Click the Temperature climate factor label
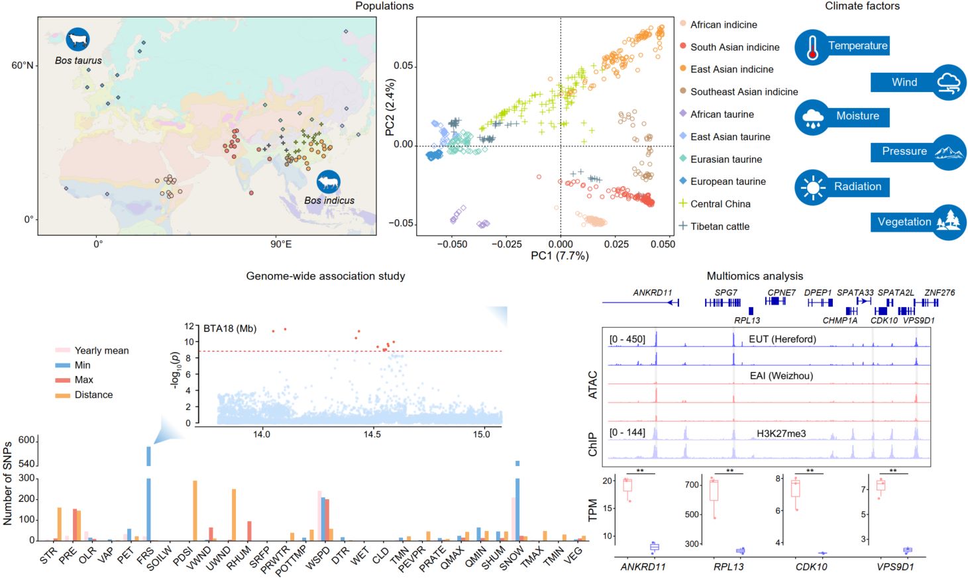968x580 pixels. [x=857, y=46]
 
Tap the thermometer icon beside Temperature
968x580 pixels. [x=812, y=47]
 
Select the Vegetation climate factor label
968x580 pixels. [x=904, y=222]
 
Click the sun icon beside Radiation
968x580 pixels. [x=812, y=187]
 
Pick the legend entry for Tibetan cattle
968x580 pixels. [x=720, y=226]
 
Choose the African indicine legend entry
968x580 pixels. [x=724, y=24]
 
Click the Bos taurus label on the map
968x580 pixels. [x=78, y=60]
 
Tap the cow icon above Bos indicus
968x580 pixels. [x=328, y=181]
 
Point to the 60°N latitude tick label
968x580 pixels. [x=22, y=66]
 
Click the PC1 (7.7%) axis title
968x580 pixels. [x=559, y=256]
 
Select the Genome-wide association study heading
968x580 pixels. [x=325, y=276]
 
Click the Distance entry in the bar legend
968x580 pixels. [x=93, y=395]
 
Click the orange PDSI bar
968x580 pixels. [x=195, y=510]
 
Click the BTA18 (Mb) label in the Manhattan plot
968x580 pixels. [x=229, y=328]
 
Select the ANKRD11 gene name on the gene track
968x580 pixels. [x=652, y=293]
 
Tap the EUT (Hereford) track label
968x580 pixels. [x=782, y=339]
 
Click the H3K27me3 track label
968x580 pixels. [x=781, y=434]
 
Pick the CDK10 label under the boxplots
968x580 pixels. [x=811, y=567]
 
